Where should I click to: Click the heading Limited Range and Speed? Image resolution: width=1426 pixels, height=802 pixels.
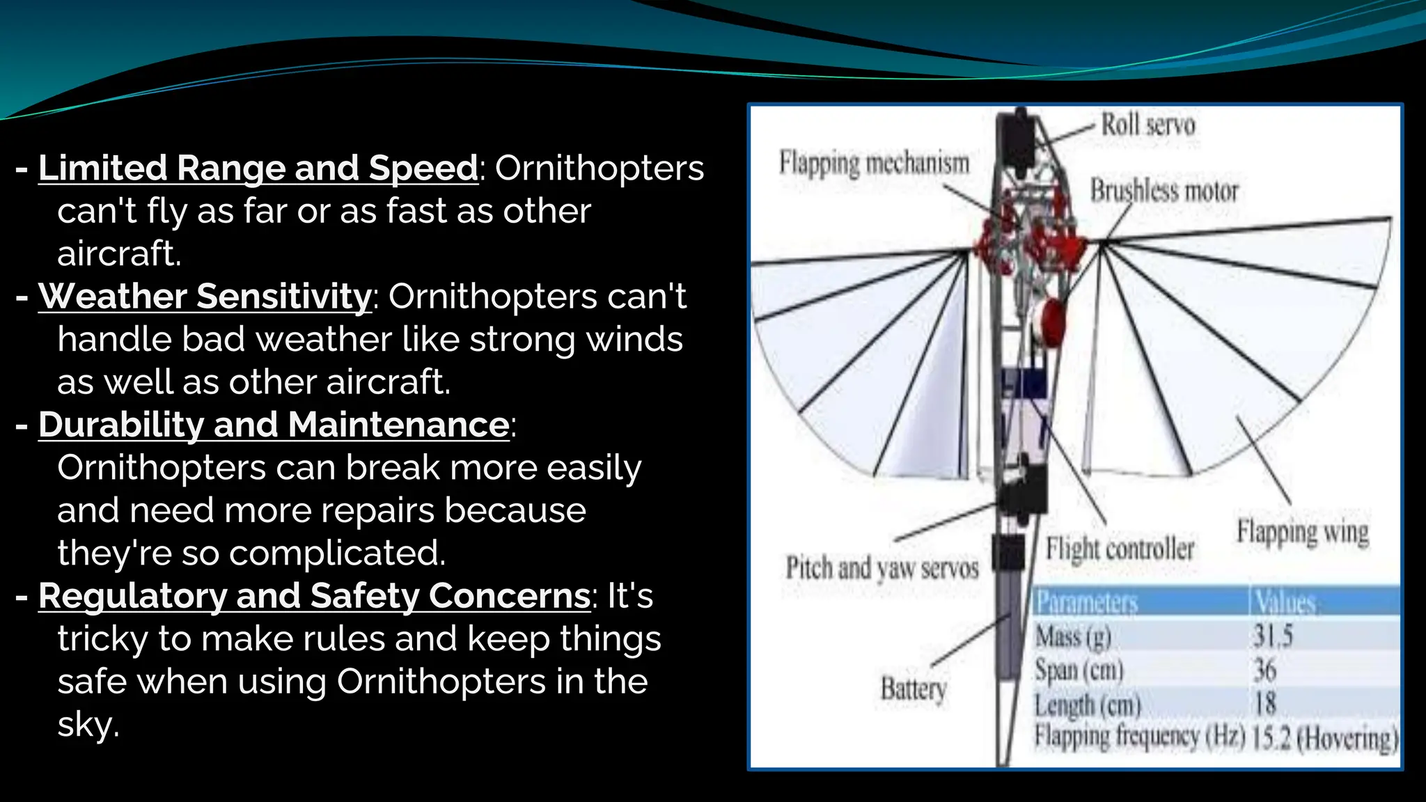258,168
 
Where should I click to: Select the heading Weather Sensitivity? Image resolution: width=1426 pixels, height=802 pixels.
205,297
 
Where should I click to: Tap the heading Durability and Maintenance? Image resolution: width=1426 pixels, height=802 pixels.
274,425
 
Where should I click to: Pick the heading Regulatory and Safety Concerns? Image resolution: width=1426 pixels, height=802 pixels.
314,596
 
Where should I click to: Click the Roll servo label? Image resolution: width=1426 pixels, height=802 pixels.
1147,125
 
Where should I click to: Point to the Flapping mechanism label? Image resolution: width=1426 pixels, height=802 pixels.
874,164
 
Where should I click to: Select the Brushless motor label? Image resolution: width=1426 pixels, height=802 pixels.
1164,191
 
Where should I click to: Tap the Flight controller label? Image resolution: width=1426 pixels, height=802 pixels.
1120,549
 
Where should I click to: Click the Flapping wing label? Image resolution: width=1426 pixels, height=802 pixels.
1302,533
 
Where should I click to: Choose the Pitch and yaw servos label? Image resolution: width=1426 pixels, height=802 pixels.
882,568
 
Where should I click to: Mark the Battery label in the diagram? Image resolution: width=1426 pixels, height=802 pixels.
914,689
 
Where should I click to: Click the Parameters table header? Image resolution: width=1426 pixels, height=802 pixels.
1086,601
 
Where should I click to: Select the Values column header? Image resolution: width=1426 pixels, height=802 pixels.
1285,601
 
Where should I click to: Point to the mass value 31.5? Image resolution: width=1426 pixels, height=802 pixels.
1273,636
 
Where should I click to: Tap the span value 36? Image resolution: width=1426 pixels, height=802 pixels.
1265,670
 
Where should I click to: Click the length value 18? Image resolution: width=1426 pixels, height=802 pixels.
1265,703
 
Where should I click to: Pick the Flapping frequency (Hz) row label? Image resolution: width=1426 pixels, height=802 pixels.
1139,737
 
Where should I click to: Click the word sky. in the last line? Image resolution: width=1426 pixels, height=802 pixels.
88,725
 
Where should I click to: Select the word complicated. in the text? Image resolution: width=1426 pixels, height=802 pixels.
337,553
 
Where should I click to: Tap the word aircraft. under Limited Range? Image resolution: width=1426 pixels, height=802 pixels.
119,253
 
